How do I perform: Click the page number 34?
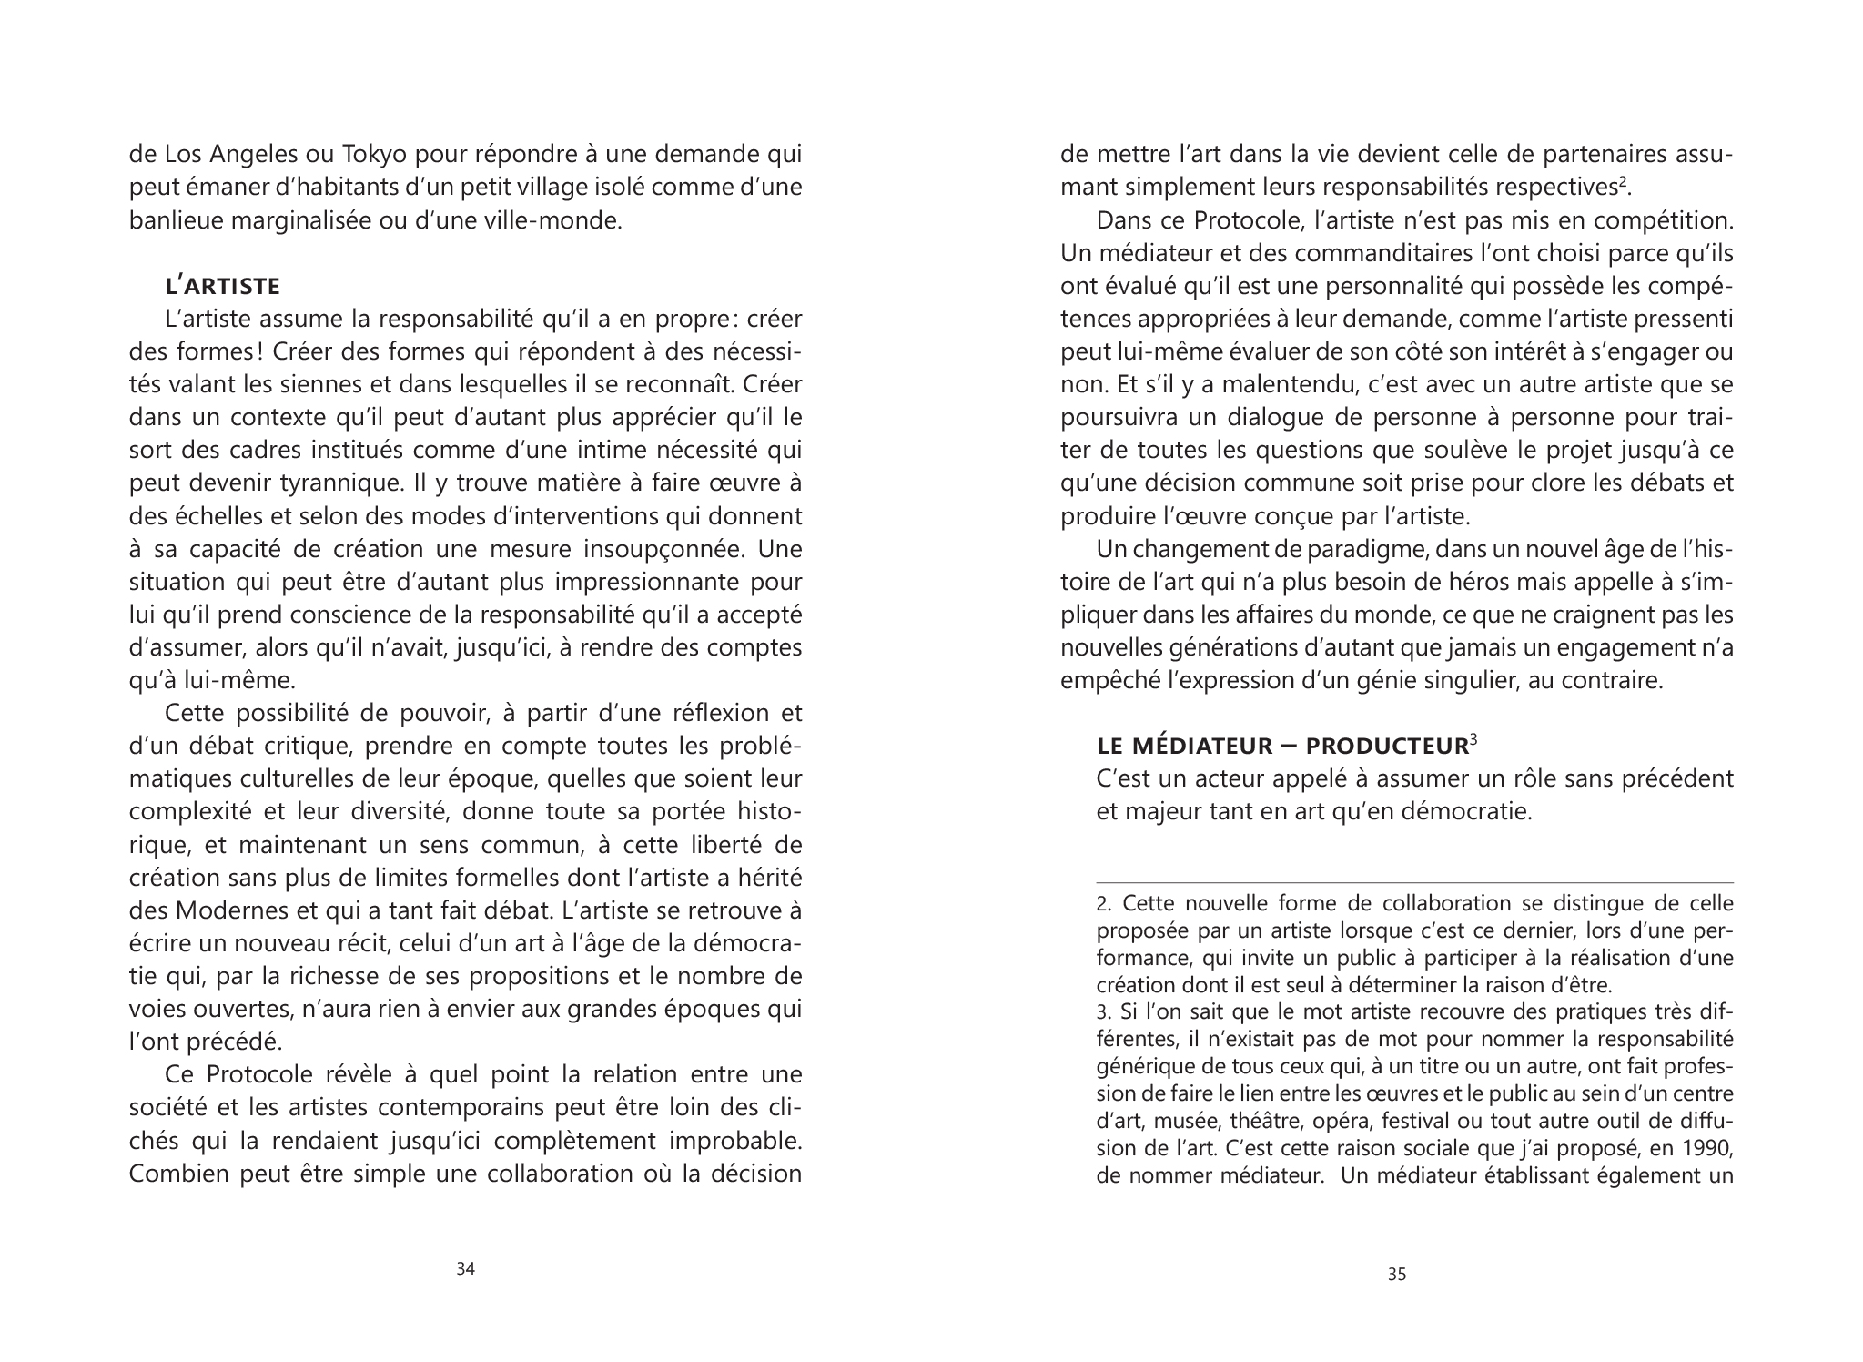pos(465,1269)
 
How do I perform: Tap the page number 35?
pos(1397,1275)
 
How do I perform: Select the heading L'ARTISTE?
pos(223,287)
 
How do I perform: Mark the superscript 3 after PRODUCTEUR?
pos(1473,739)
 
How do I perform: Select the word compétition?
pos(1667,220)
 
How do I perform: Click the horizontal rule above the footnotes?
pos(1414,882)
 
